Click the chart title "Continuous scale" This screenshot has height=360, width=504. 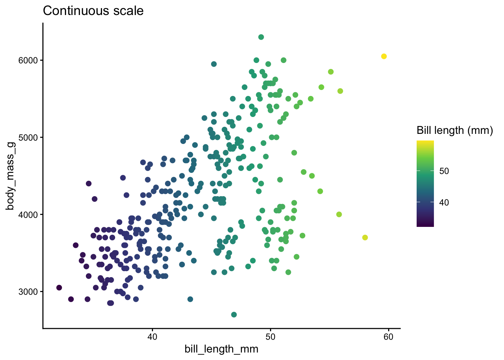coord(93,11)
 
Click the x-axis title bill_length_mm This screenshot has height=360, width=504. coord(221,349)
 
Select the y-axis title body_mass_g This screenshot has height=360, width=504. coord(11,176)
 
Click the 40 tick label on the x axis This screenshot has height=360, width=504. coord(152,337)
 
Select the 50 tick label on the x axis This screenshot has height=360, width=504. coord(270,337)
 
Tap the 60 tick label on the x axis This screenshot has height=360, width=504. coord(388,337)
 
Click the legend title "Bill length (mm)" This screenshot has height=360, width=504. coord(454,130)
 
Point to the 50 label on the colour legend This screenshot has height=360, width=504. coord(444,171)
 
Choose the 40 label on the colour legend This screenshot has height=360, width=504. coord(444,202)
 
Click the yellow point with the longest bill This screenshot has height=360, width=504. coord(384,56)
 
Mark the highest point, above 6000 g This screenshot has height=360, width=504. coord(261,37)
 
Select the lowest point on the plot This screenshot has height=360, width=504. coord(234,315)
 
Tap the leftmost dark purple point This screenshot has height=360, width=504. coord(59,288)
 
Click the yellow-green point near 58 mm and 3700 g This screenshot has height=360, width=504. coord(365,238)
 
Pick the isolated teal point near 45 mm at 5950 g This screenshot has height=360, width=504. coord(214,64)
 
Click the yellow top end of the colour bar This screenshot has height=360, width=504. coord(425,142)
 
